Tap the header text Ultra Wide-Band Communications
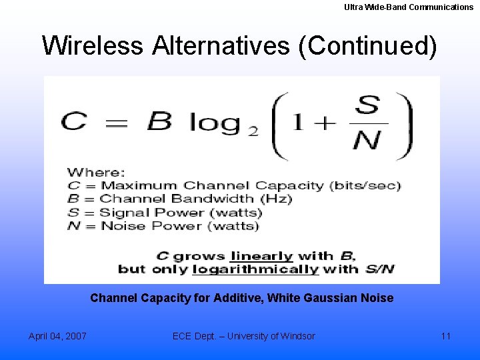pyautogui.click(x=409, y=7)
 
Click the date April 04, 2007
pyautogui.click(x=57, y=336)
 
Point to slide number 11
pyautogui.click(x=446, y=336)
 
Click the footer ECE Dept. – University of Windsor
pyautogui.click(x=243, y=336)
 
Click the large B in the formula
pyautogui.click(x=158, y=122)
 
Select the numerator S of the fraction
pyautogui.click(x=367, y=105)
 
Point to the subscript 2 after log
pyautogui.click(x=253, y=131)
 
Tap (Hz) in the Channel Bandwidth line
pyautogui.click(x=279, y=199)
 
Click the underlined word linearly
pyautogui.click(x=261, y=255)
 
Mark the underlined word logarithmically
pyautogui.click(x=255, y=269)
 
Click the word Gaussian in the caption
pyautogui.click(x=335, y=298)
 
